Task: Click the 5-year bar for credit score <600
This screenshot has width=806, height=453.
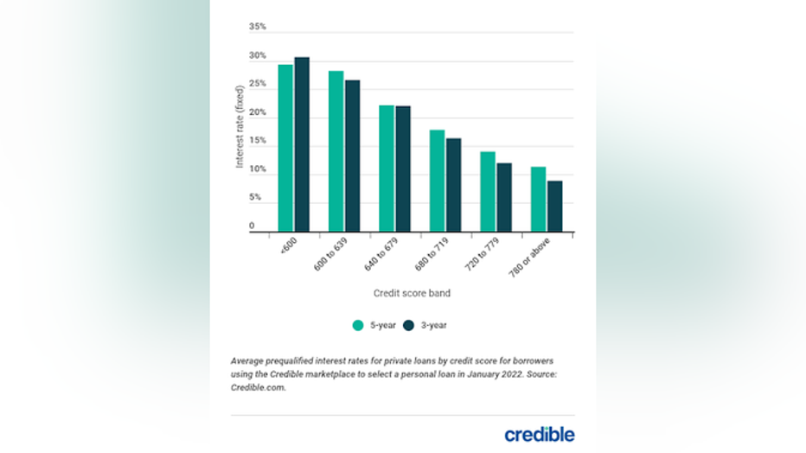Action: pyautogui.click(x=285, y=148)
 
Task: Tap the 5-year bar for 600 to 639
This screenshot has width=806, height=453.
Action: pyautogui.click(x=336, y=151)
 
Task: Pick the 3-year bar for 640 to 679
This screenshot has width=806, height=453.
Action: pyautogui.click(x=403, y=169)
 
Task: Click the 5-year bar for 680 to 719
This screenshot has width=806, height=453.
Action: pyautogui.click(x=437, y=181)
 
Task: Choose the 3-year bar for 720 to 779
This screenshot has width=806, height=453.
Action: pyautogui.click(x=504, y=197)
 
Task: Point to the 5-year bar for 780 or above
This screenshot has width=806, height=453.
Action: pyautogui.click(x=538, y=199)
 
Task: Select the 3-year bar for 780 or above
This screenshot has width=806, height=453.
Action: pyautogui.click(x=554, y=206)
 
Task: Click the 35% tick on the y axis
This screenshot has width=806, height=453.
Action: pyautogui.click(x=258, y=27)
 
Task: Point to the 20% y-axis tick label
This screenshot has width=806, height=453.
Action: pyautogui.click(x=258, y=112)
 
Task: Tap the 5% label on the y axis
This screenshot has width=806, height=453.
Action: pyautogui.click(x=256, y=197)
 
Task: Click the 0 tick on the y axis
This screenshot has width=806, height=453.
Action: pyautogui.click(x=253, y=226)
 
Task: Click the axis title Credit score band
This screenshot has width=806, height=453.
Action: pyautogui.click(x=412, y=293)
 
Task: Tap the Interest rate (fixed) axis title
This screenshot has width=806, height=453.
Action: pyautogui.click(x=240, y=126)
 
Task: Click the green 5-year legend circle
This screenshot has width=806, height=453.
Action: pyautogui.click(x=357, y=326)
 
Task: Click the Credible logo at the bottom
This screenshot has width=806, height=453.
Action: pyautogui.click(x=539, y=433)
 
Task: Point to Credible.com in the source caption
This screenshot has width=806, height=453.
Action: pyautogui.click(x=258, y=388)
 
